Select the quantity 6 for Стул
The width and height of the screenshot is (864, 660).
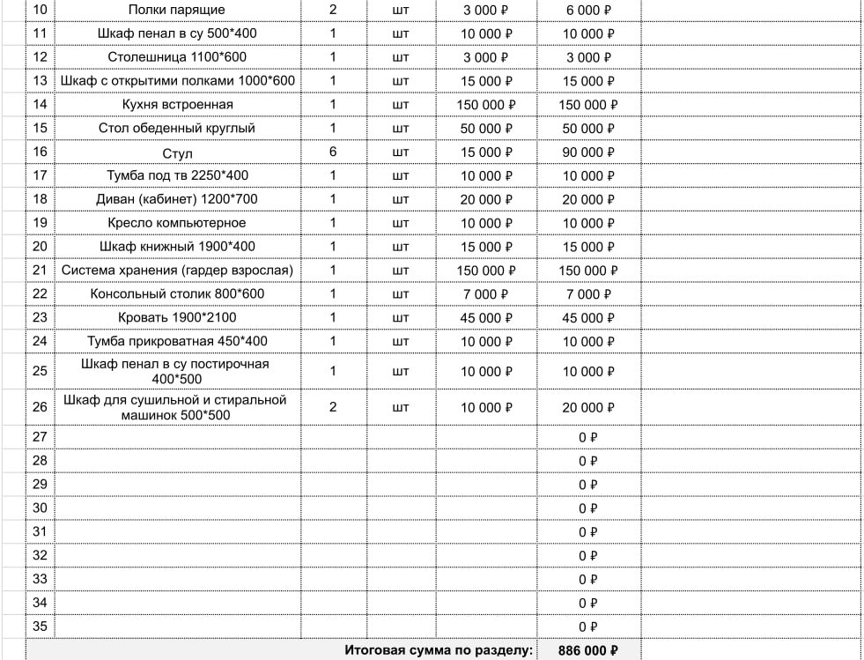(x=333, y=152)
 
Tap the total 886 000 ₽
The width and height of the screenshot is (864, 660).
(x=587, y=651)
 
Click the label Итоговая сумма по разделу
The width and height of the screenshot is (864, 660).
(x=439, y=651)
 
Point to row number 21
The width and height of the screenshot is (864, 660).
(x=40, y=271)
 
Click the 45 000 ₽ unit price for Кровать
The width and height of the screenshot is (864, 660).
(x=487, y=317)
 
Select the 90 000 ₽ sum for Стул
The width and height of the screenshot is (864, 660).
(x=587, y=152)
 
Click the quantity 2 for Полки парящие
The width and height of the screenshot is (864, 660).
(x=333, y=10)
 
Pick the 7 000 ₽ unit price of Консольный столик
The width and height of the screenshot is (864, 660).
(x=487, y=293)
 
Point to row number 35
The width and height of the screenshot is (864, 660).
(x=40, y=627)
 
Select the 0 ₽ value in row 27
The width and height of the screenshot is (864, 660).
(x=587, y=437)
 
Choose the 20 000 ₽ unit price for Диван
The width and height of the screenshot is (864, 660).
(x=487, y=199)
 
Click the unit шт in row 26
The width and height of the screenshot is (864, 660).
(x=400, y=407)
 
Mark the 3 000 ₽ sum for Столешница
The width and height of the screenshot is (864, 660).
(x=587, y=57)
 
